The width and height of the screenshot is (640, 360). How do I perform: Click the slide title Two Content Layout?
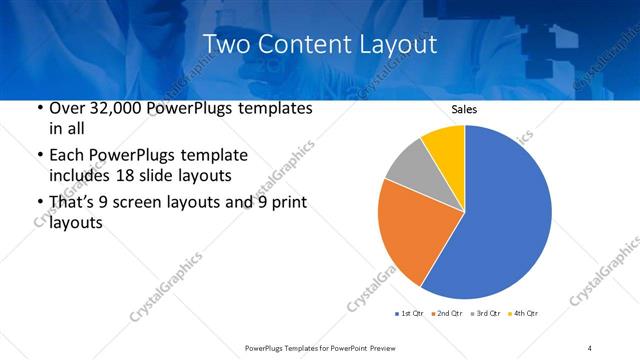pyautogui.click(x=319, y=44)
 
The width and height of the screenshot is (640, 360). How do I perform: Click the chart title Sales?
pyautogui.click(x=465, y=108)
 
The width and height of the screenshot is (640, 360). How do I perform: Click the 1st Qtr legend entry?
pyautogui.click(x=411, y=314)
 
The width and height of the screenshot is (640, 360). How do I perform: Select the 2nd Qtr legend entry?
pyautogui.click(x=448, y=314)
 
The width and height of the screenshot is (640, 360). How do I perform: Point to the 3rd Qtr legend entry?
pyautogui.click(x=486, y=314)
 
